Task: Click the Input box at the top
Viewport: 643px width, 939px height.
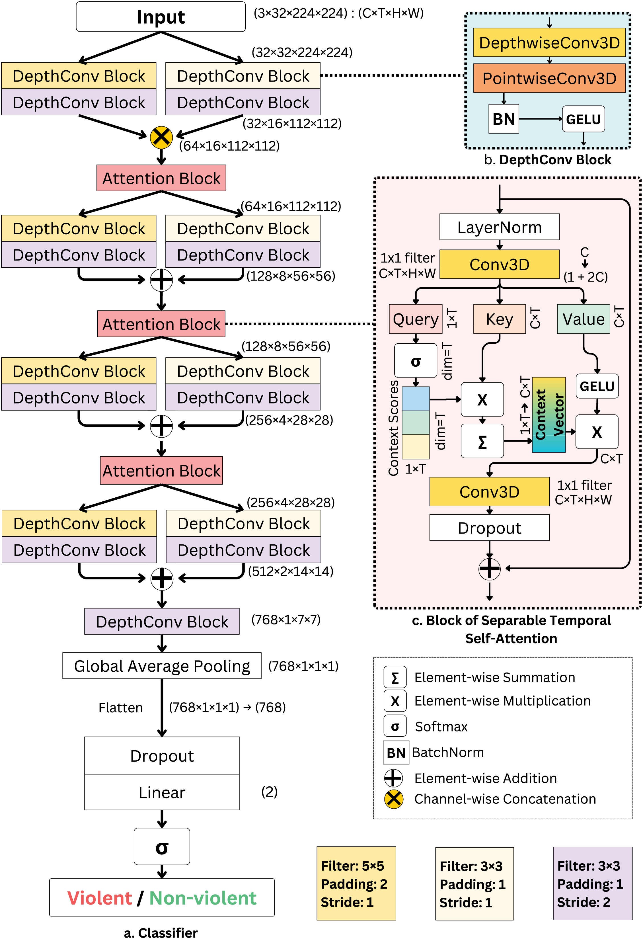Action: click(x=161, y=17)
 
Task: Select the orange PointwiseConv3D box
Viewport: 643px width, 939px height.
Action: click(x=549, y=78)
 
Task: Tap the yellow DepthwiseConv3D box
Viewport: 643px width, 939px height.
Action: click(x=549, y=42)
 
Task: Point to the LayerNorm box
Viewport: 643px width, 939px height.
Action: click(x=499, y=227)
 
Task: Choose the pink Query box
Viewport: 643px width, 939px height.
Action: click(x=416, y=319)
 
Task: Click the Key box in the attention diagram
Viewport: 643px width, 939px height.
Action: click(x=499, y=319)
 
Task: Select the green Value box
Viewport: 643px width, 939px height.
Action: click(x=583, y=319)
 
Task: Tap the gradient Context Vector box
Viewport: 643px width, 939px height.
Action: click(x=548, y=415)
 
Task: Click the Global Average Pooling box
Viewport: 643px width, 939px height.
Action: click(x=162, y=666)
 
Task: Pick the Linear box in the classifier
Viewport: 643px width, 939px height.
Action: click(x=162, y=792)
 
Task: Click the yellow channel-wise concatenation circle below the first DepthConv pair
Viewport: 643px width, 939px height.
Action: click(x=161, y=137)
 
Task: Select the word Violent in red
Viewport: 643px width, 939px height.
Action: click(x=99, y=898)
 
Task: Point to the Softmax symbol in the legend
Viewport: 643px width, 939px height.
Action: click(x=395, y=726)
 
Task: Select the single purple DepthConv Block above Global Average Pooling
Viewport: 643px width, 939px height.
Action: click(x=162, y=622)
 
